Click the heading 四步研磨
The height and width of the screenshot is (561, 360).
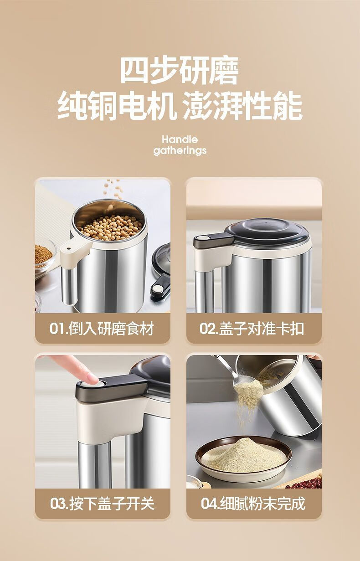(180, 71)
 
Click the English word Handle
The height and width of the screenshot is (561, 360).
(180, 139)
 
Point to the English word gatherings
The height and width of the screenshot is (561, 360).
(180, 151)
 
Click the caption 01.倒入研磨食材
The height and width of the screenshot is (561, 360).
(102, 328)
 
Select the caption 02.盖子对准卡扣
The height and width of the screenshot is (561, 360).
(252, 328)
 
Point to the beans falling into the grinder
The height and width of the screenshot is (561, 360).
(113, 191)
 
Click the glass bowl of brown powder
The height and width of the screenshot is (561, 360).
(45, 257)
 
